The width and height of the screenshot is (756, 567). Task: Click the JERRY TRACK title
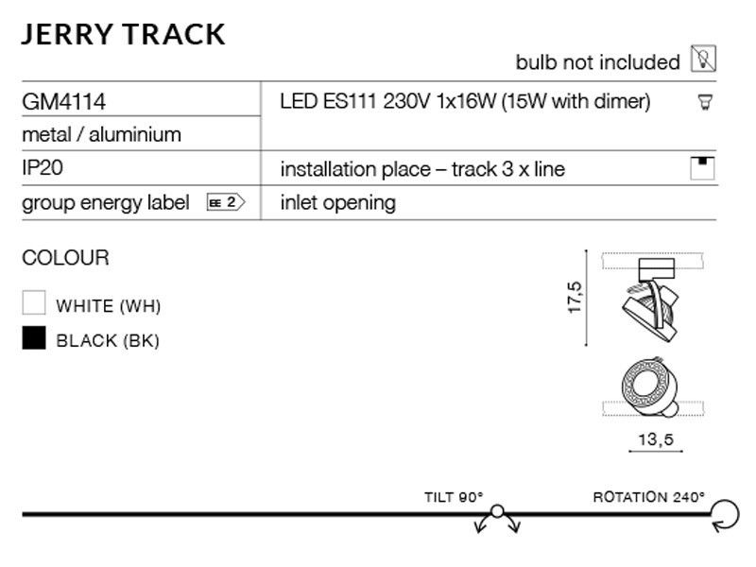click(x=124, y=35)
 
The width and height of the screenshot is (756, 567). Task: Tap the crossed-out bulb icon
click(x=703, y=59)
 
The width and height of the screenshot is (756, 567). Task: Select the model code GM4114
click(x=63, y=102)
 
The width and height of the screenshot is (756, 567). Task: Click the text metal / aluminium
click(x=102, y=134)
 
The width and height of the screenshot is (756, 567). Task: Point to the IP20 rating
click(x=43, y=168)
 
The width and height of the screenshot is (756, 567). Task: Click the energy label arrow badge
click(x=226, y=202)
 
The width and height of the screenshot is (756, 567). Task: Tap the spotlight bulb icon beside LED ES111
click(x=705, y=102)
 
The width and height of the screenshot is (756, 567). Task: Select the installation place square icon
click(x=702, y=168)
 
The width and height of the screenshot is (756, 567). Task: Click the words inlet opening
click(x=338, y=203)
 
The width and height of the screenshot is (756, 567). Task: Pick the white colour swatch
click(x=34, y=302)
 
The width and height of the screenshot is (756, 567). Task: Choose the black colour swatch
click(x=34, y=337)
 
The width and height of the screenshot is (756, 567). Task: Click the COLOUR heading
click(x=65, y=257)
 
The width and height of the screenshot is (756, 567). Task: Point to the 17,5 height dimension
click(x=575, y=298)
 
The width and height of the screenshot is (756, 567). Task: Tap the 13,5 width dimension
click(x=656, y=439)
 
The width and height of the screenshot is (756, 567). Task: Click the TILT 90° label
click(x=454, y=497)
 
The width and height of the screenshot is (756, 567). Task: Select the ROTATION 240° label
click(x=649, y=497)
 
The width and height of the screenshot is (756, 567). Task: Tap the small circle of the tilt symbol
click(x=497, y=511)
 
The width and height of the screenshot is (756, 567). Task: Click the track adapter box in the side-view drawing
click(x=656, y=269)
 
